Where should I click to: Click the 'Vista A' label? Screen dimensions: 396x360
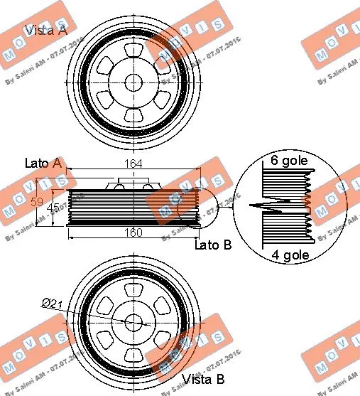(47, 30)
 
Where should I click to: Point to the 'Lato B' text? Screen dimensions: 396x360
(214, 245)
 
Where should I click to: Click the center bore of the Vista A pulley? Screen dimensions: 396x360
(133, 82)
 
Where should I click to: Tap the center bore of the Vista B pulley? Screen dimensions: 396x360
(133, 321)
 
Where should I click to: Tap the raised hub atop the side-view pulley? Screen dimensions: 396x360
(132, 186)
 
